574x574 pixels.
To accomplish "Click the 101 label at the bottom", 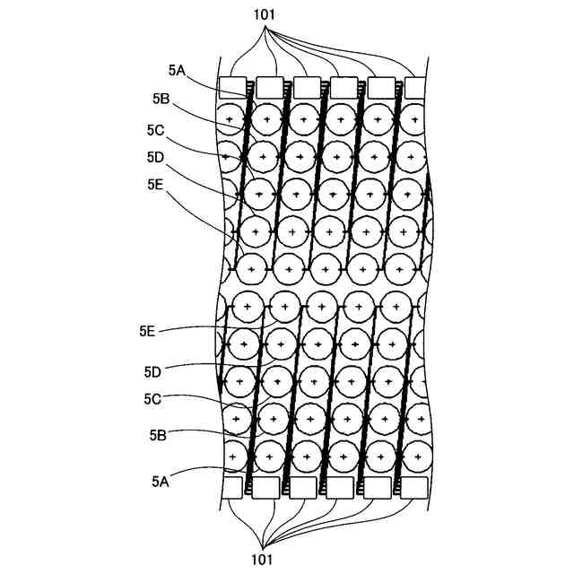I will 264,561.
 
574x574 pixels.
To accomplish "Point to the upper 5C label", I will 155,129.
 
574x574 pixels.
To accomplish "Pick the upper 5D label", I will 155,157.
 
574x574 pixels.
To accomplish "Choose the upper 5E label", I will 155,185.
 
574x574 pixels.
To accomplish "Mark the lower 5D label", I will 152,370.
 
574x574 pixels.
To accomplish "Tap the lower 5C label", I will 152,399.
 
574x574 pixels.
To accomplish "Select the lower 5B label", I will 158,436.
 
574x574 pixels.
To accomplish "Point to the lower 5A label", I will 161,481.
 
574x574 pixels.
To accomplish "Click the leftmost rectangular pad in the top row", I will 232,87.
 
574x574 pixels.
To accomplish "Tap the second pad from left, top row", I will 269,87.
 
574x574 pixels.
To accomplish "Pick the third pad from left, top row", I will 306,87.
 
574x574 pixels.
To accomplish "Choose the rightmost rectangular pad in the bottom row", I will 414,487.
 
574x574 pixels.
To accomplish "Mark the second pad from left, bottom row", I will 266,487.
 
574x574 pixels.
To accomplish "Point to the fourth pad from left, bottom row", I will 340,487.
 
